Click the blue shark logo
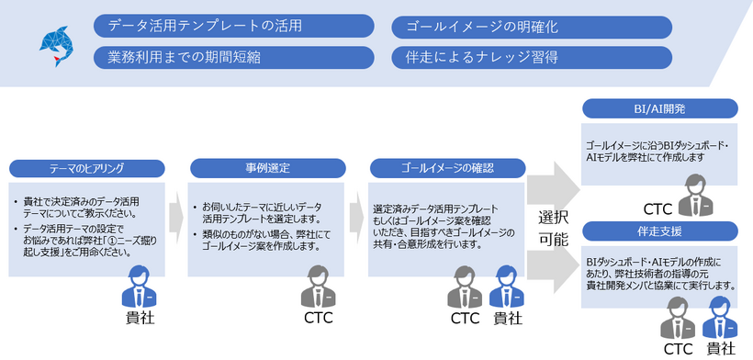pos(53,44)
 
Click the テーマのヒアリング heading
pos(87,168)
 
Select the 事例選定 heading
pos(267,168)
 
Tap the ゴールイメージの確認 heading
pos(447,168)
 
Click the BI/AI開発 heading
pos(660,109)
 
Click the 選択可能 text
pos(553,227)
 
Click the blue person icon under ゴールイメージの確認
pos(506,287)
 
